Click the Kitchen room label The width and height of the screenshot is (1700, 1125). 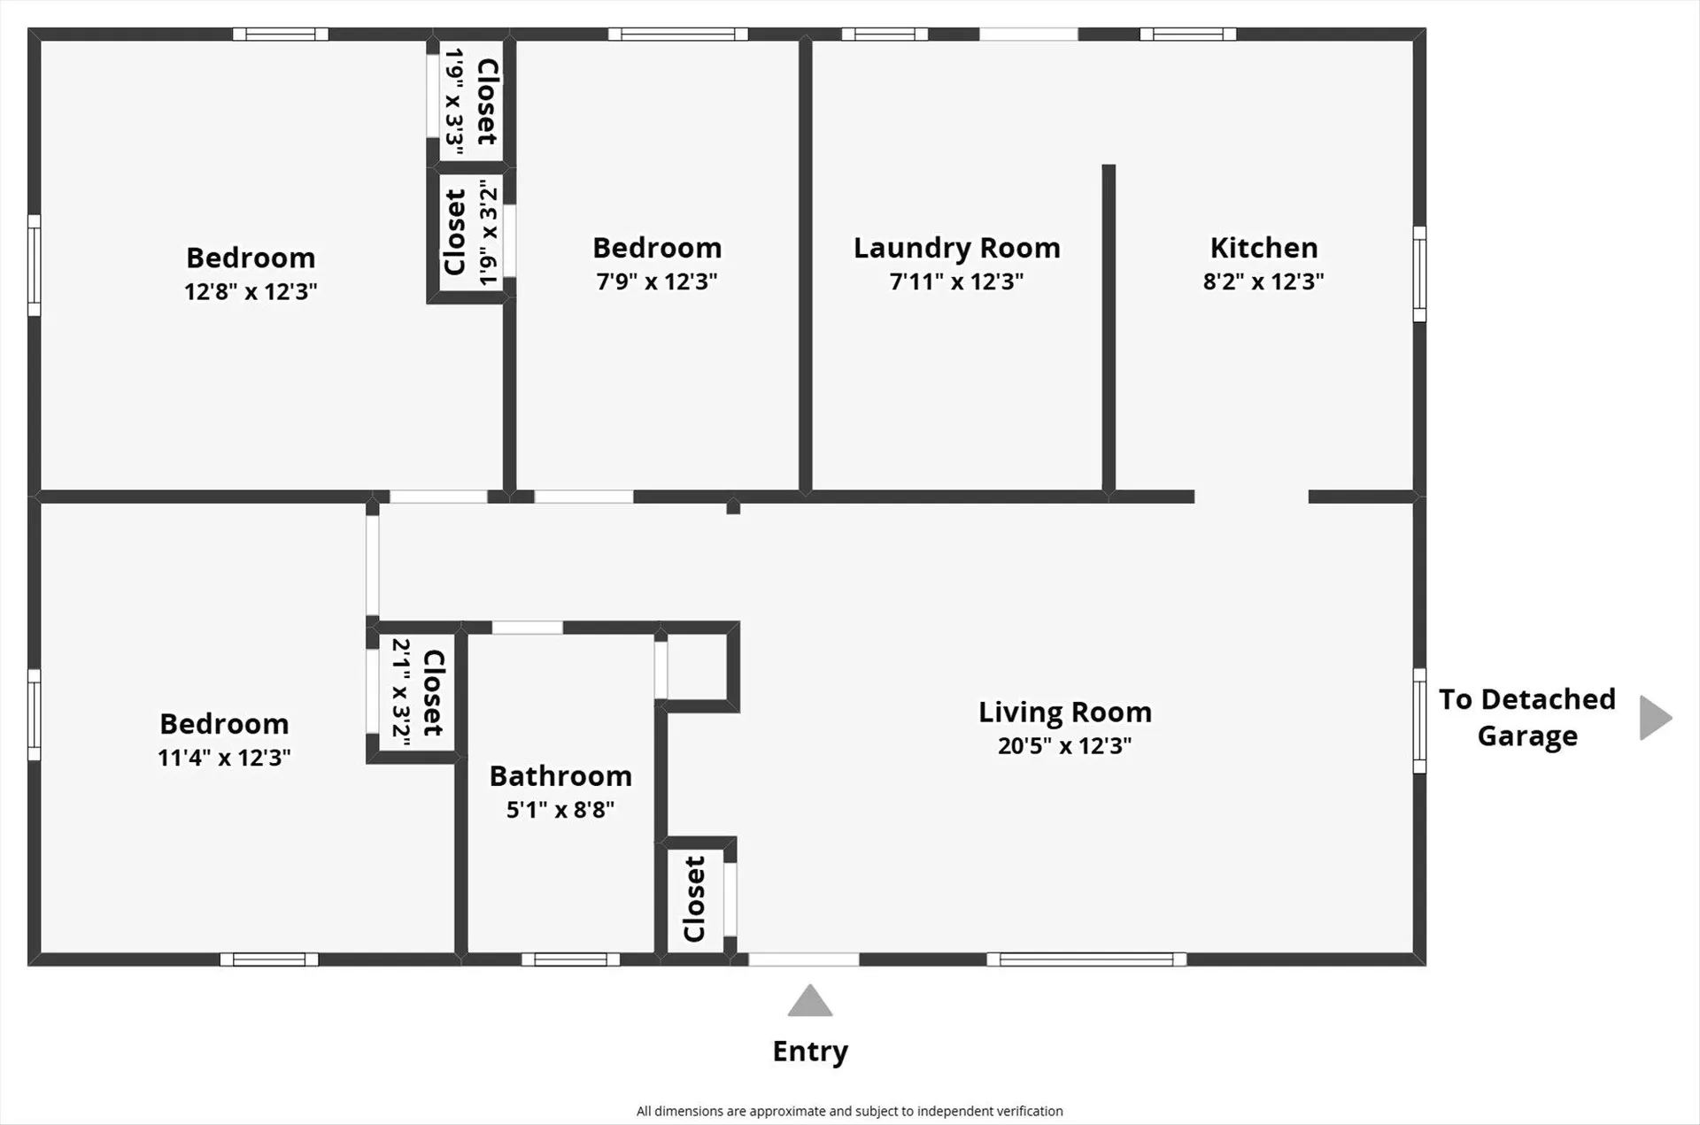1263,248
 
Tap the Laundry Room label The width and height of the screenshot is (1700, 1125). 956,248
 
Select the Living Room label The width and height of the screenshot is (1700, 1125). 1064,713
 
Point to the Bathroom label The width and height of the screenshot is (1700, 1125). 560,776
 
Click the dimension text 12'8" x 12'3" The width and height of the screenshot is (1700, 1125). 251,291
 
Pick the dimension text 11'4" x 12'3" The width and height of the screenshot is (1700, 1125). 224,758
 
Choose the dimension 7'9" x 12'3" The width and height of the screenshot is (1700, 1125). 656,281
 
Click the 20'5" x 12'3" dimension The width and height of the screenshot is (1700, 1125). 1064,746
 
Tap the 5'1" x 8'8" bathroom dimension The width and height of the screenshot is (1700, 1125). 560,810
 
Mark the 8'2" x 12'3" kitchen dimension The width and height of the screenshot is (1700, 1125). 1263,281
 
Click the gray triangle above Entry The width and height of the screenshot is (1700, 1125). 810,1002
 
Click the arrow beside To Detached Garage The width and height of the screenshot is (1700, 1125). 1655,717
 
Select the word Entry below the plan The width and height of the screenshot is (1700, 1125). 810,1052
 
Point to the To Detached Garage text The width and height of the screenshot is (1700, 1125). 1527,717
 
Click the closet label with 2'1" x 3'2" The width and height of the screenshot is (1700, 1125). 433,692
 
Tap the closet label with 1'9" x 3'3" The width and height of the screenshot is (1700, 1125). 487,102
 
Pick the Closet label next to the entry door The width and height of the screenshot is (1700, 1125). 694,898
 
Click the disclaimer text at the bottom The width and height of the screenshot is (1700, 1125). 849,1111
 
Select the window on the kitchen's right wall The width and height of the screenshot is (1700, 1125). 1419,274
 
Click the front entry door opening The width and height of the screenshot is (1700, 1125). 804,959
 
